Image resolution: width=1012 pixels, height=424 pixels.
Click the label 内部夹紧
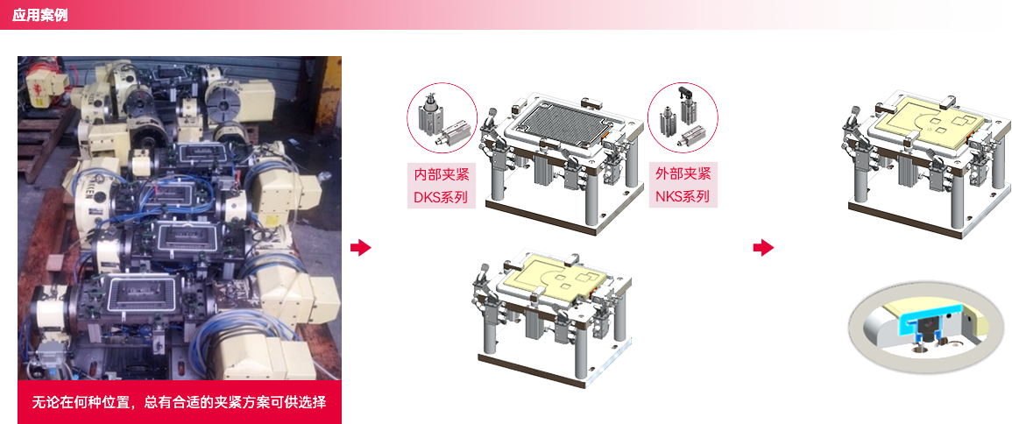442,174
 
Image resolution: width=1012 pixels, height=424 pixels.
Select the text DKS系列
442,196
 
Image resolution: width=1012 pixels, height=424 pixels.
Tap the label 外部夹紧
683,173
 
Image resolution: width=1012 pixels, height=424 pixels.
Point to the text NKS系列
683,196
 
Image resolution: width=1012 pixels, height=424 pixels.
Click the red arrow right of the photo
361,248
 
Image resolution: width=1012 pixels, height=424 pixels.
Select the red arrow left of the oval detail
763,248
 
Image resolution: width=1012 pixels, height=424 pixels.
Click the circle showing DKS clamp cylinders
442,118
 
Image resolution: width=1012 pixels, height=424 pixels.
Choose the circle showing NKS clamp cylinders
683,117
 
